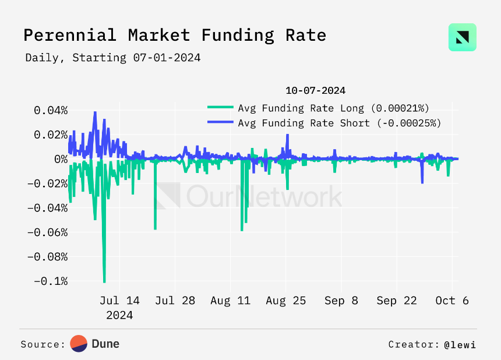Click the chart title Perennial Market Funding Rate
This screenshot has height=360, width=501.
[x=175, y=35]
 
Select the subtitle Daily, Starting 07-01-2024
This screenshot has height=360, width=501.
[x=113, y=58]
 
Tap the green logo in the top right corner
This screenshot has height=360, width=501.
[x=463, y=37]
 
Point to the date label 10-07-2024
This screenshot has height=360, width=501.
[x=315, y=91]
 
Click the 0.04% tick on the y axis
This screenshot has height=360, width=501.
[x=51, y=111]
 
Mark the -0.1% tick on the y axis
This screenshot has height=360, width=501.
[x=51, y=281]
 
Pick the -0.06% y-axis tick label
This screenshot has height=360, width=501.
[x=48, y=232]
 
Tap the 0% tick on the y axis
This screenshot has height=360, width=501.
[x=61, y=159]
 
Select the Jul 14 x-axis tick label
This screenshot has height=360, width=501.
[x=119, y=301]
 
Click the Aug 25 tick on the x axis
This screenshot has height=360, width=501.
[x=285, y=301]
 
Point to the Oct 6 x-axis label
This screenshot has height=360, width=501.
[x=452, y=301]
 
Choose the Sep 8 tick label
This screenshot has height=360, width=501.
[x=341, y=301]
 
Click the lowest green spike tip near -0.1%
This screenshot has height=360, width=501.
[x=104, y=282]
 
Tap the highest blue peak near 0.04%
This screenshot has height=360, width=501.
[x=95, y=112]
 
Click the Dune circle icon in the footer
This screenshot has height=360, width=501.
[x=79, y=344]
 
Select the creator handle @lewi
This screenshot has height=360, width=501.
[x=460, y=345]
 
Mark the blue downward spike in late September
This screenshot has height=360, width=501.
[x=422, y=183]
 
